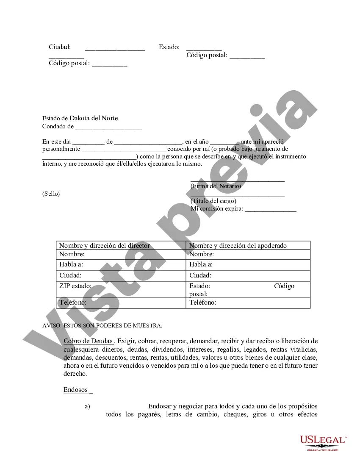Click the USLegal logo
(x=323, y=442)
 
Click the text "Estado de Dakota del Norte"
(x=80, y=118)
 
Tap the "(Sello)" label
(x=51, y=194)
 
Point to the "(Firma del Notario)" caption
(x=216, y=186)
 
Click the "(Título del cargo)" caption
(x=213, y=201)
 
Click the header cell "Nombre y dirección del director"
(x=104, y=246)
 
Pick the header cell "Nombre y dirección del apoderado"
(x=238, y=246)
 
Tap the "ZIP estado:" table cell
(x=75, y=286)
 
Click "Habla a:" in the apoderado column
(x=201, y=264)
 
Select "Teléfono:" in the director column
(x=73, y=302)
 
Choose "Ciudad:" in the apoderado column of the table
(x=200, y=275)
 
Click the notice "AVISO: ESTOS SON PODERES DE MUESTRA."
(x=102, y=325)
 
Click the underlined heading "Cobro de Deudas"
(x=88, y=341)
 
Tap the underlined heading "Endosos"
(x=76, y=390)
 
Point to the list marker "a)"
(x=87, y=406)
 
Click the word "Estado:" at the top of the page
(x=169, y=47)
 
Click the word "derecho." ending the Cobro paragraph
(x=76, y=374)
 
